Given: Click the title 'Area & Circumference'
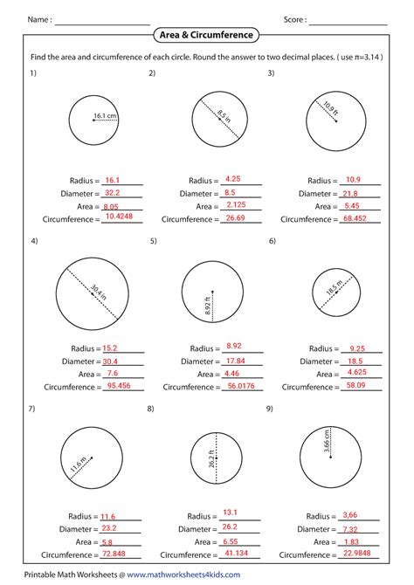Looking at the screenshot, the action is coord(206,35).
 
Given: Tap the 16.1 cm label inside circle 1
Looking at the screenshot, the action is coord(105,115).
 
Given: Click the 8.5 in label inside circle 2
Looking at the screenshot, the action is coord(224,116).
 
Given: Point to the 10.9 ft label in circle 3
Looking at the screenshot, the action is coord(331,108).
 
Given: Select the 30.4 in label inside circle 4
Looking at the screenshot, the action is coord(99,292).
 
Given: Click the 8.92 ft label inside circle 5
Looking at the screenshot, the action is coord(208,306).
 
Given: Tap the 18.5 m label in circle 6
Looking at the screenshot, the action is coord(335,287).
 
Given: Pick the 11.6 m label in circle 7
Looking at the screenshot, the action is coord(79,465).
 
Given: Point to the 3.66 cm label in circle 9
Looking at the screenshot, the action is coord(327,441).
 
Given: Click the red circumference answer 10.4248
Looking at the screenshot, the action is coord(119,217).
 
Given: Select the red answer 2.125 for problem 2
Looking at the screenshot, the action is coord(237,204).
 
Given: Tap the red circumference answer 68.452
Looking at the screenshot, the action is coord(355,218).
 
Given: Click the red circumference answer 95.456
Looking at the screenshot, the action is coord(119,385).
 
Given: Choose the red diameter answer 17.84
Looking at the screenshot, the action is coord(236,361).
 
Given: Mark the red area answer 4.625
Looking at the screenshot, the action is coord(357,372).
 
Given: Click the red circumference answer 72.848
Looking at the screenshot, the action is coord(114,554).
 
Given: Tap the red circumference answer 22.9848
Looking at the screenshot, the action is coord(357,553).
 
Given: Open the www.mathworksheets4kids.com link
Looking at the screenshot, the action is coord(183,575).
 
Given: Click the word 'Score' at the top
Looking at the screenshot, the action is coord(293,19).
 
